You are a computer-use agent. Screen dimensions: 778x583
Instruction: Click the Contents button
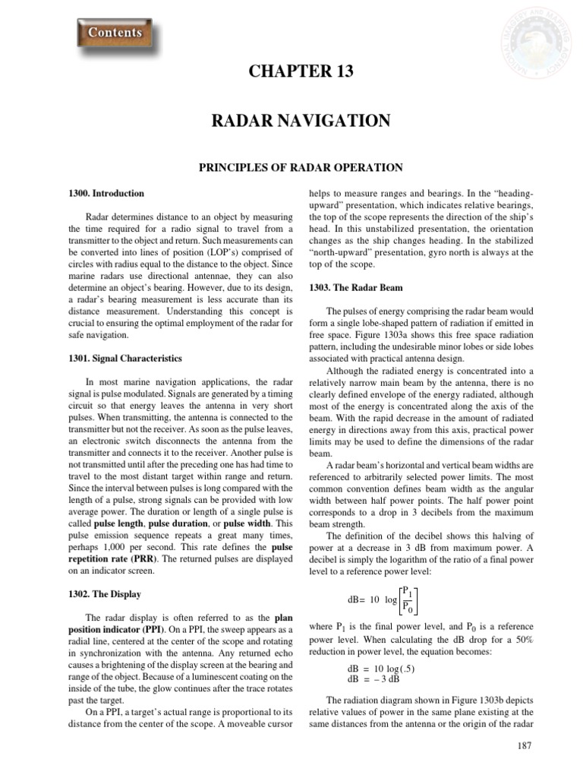(115, 33)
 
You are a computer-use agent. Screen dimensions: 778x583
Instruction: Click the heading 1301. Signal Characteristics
(133, 358)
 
